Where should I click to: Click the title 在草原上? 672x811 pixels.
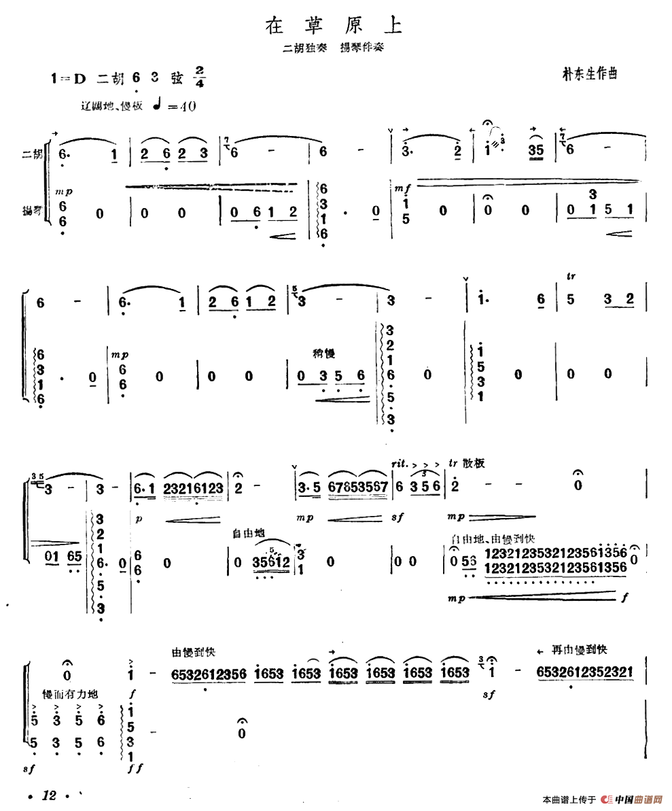[334, 27]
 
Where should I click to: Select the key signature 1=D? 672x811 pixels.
[69, 79]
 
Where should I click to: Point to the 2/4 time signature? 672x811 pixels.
[199, 77]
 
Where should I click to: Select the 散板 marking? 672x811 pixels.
[474, 462]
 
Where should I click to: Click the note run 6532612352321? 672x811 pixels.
[584, 672]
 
